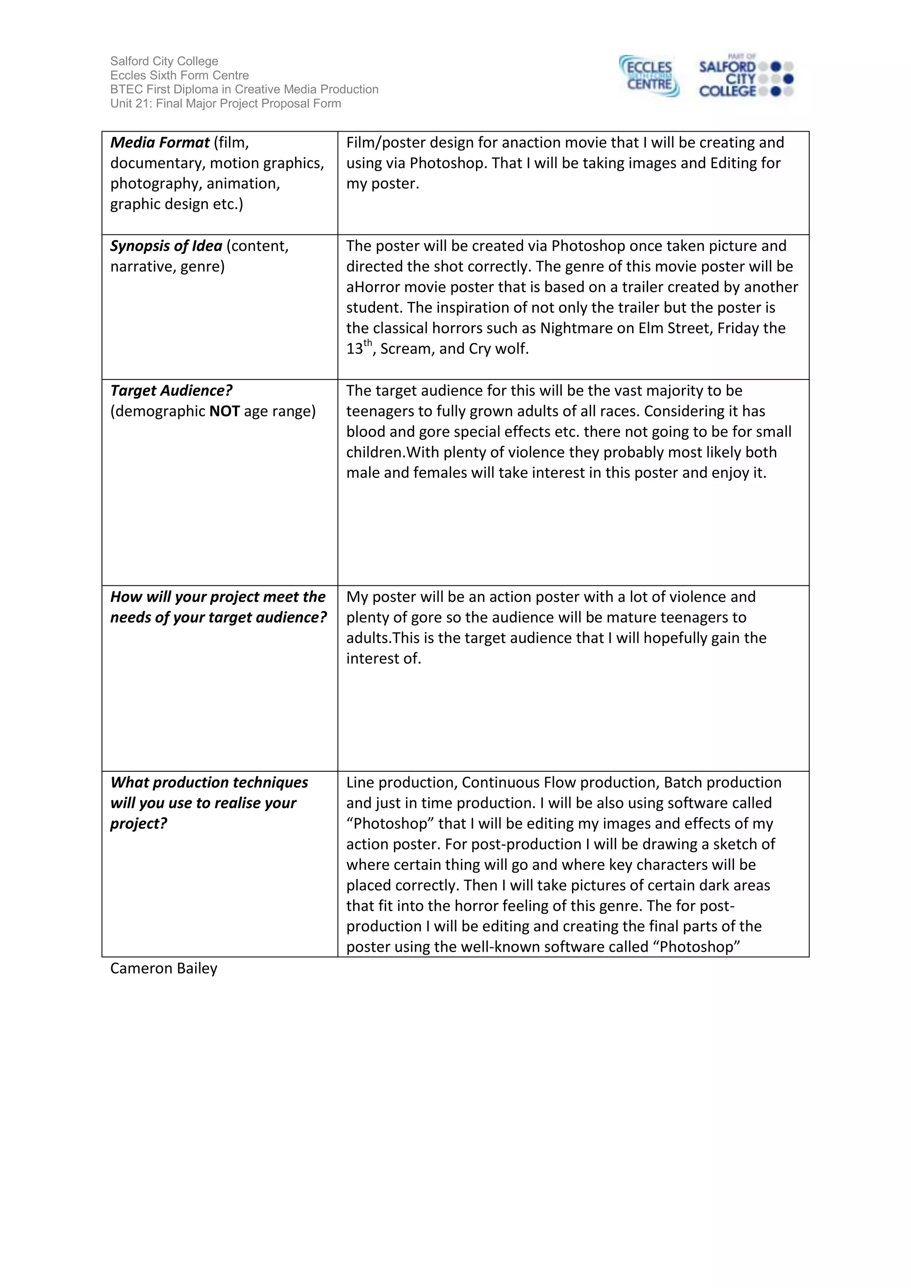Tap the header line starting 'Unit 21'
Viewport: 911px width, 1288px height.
[x=226, y=103]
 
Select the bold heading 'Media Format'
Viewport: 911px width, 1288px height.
[x=160, y=142]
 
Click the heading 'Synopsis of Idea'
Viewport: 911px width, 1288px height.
[x=166, y=246]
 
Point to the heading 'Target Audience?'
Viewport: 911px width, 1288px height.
[x=171, y=390]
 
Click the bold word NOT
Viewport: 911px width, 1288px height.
[x=224, y=411]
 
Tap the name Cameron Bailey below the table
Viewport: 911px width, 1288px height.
[x=164, y=968]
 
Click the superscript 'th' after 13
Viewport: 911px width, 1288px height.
[x=367, y=343]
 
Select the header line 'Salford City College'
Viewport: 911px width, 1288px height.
[x=164, y=61]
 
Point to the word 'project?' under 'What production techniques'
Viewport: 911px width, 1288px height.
[x=138, y=824]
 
